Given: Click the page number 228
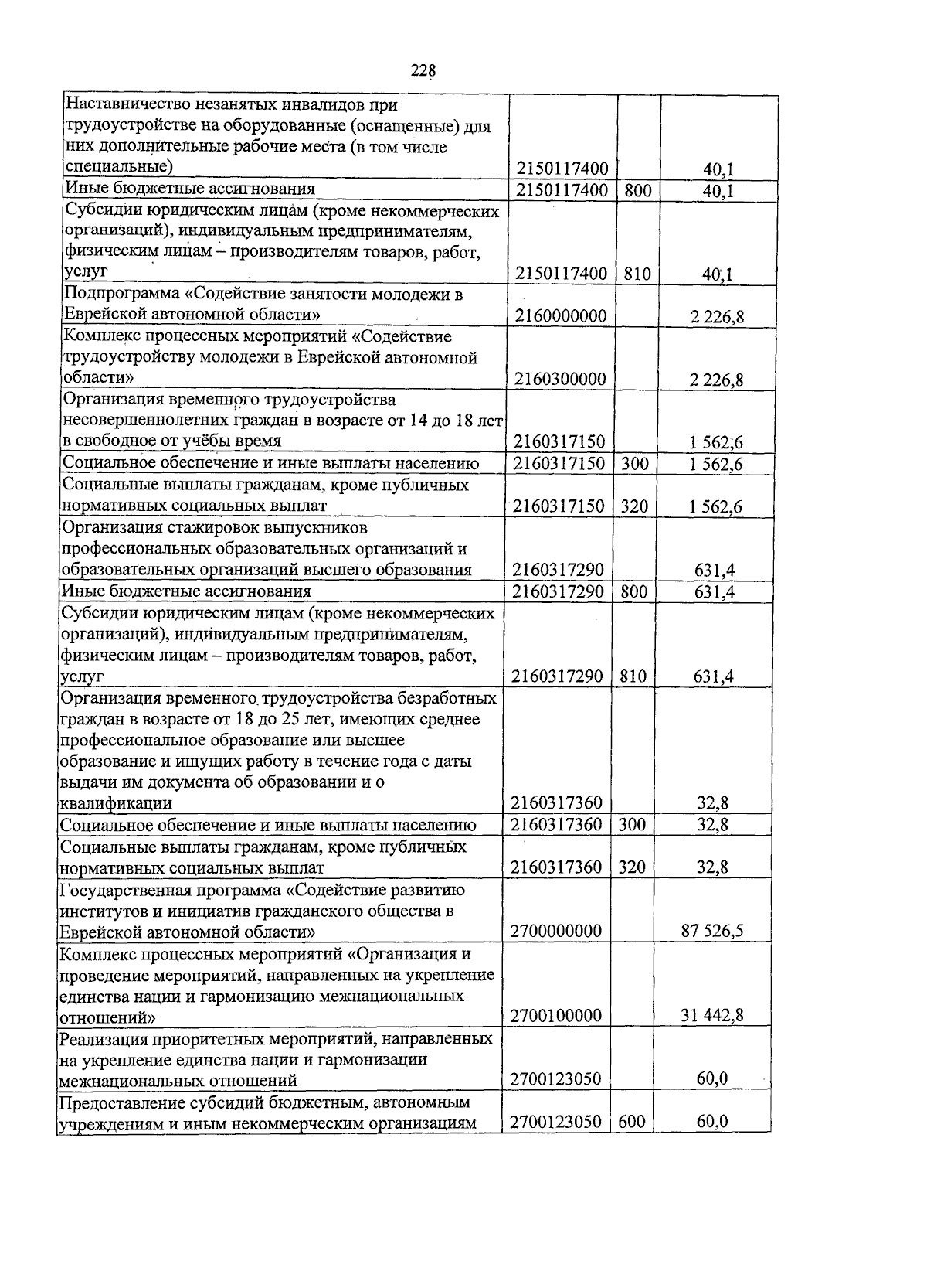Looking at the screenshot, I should coord(423,70).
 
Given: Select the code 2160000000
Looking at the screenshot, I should coord(561,315).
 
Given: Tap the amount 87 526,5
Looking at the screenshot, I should coord(712,931).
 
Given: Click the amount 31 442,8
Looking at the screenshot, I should coord(712,1015).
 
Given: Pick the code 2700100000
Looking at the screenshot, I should coord(556,1015).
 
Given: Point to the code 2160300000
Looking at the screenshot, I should coord(561,379).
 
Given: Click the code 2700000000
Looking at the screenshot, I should coord(556,931).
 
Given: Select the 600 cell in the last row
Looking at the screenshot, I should coord(632,1121).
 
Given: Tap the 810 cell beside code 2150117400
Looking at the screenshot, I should coord(638,273).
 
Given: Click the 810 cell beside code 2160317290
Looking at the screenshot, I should coord(633,676).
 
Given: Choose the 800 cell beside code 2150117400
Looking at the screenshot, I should coord(638,189).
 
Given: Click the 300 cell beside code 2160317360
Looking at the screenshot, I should coord(632,825).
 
